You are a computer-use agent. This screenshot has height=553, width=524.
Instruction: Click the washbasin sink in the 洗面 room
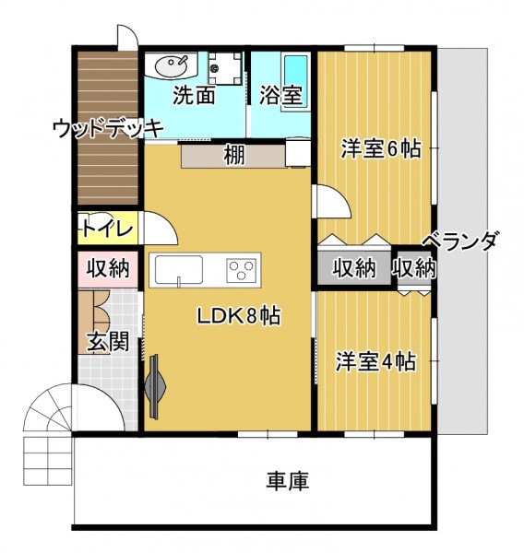point(172,65)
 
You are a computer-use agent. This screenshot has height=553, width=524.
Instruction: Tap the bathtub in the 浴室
point(293,83)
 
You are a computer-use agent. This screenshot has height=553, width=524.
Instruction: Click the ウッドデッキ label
point(108,128)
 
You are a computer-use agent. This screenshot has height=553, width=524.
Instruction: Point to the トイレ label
point(109,229)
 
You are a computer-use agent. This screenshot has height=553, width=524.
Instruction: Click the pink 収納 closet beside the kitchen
point(108,269)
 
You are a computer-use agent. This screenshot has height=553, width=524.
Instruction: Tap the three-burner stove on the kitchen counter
point(242,270)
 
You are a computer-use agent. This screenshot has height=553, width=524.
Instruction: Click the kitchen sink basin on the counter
point(179,269)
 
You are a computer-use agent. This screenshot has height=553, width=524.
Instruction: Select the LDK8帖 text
point(239,316)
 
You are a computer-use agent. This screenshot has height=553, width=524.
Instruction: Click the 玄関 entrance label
point(108,341)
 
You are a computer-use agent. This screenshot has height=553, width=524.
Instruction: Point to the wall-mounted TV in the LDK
point(155,387)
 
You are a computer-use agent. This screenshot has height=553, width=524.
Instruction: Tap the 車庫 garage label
point(288,480)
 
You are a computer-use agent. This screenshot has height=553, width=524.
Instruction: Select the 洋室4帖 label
point(375,361)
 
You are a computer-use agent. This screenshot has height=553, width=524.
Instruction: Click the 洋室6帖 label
point(381,148)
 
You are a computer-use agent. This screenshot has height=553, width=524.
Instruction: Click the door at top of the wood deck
point(127,36)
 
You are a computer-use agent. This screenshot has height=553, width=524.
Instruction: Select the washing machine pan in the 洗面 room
point(224,68)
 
